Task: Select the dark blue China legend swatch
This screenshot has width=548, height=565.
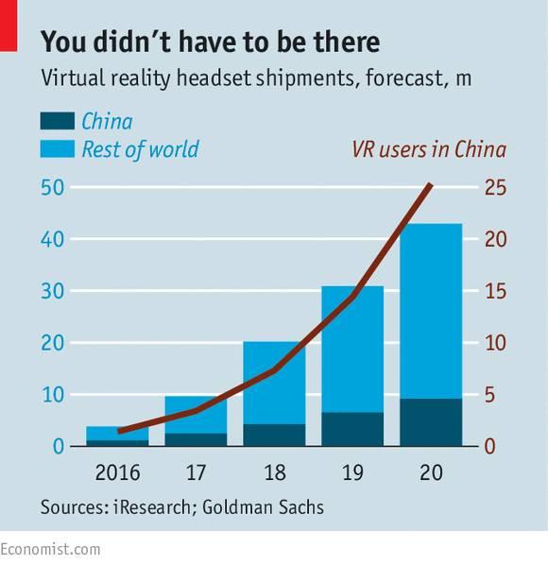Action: coord(56,121)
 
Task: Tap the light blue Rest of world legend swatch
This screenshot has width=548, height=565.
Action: coord(56,148)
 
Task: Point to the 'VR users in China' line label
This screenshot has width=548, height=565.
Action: coord(429,149)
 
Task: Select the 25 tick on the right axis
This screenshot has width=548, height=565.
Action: coord(496,187)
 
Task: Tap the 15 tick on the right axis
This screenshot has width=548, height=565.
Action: coord(496,291)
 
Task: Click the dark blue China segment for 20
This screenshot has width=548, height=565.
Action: coord(431,422)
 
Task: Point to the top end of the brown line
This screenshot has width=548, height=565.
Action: coord(431,185)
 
